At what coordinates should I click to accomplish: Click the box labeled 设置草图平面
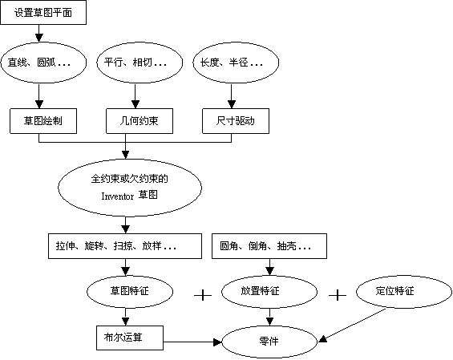42,13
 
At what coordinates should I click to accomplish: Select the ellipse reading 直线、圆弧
43,63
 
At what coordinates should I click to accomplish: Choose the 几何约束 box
140,121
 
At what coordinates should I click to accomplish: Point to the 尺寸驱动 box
235,121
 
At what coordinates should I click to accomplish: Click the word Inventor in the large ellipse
118,196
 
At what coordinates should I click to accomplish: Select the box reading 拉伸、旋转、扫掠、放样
124,246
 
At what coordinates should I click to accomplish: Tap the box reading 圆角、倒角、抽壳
269,246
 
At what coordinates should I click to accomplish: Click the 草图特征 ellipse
130,292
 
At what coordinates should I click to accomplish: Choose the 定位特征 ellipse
395,292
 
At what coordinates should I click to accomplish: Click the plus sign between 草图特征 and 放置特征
203,295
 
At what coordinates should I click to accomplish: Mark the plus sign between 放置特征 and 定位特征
338,295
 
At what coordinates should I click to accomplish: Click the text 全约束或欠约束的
129,179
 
